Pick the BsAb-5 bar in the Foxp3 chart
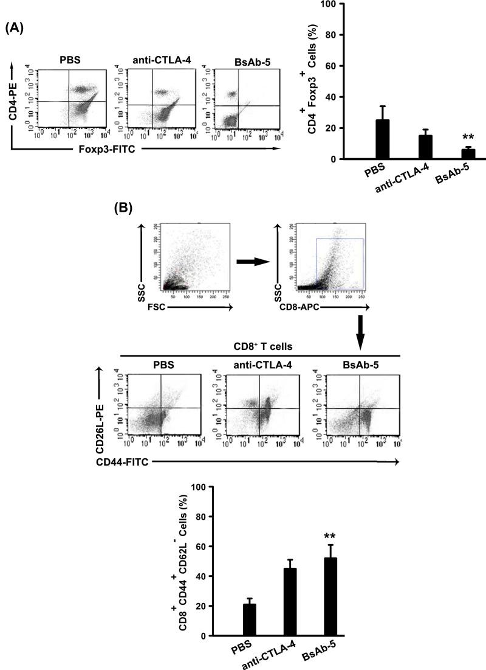pyautogui.click(x=450, y=154)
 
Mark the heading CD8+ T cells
pyautogui.click(x=259, y=347)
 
